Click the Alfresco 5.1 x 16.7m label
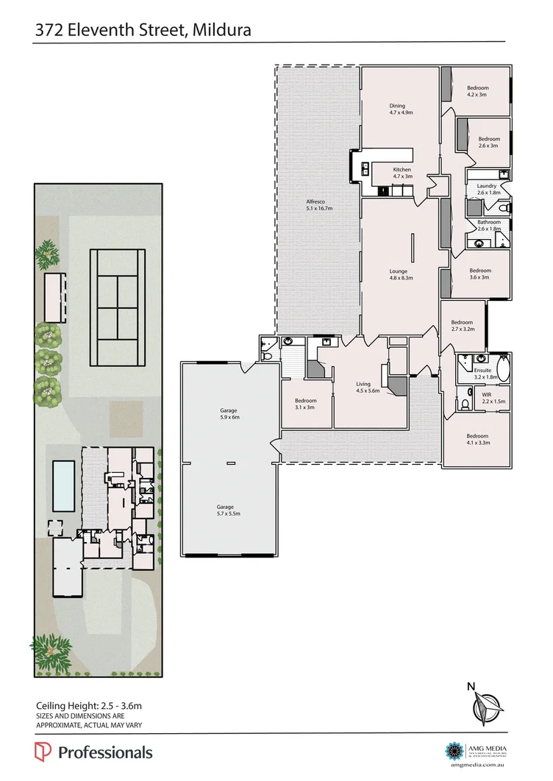[320, 205]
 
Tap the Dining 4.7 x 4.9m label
[401, 110]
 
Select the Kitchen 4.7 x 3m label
[402, 173]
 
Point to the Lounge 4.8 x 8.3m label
[399, 275]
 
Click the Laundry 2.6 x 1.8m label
[486, 189]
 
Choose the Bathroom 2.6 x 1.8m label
[489, 225]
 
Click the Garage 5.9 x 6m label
[229, 413]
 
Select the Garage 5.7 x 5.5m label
[225, 510]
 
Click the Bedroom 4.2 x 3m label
[477, 91]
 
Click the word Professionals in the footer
[105, 752]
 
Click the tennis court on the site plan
[118, 307]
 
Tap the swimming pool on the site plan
[64, 487]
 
